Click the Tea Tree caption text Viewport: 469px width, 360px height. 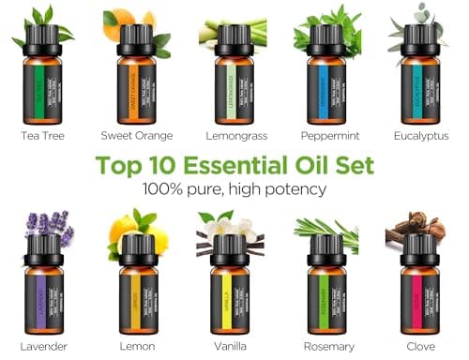(42, 136)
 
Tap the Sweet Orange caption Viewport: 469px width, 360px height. (136, 136)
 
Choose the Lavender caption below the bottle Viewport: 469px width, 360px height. (43, 346)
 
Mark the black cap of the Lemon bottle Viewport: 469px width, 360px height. (136, 250)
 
